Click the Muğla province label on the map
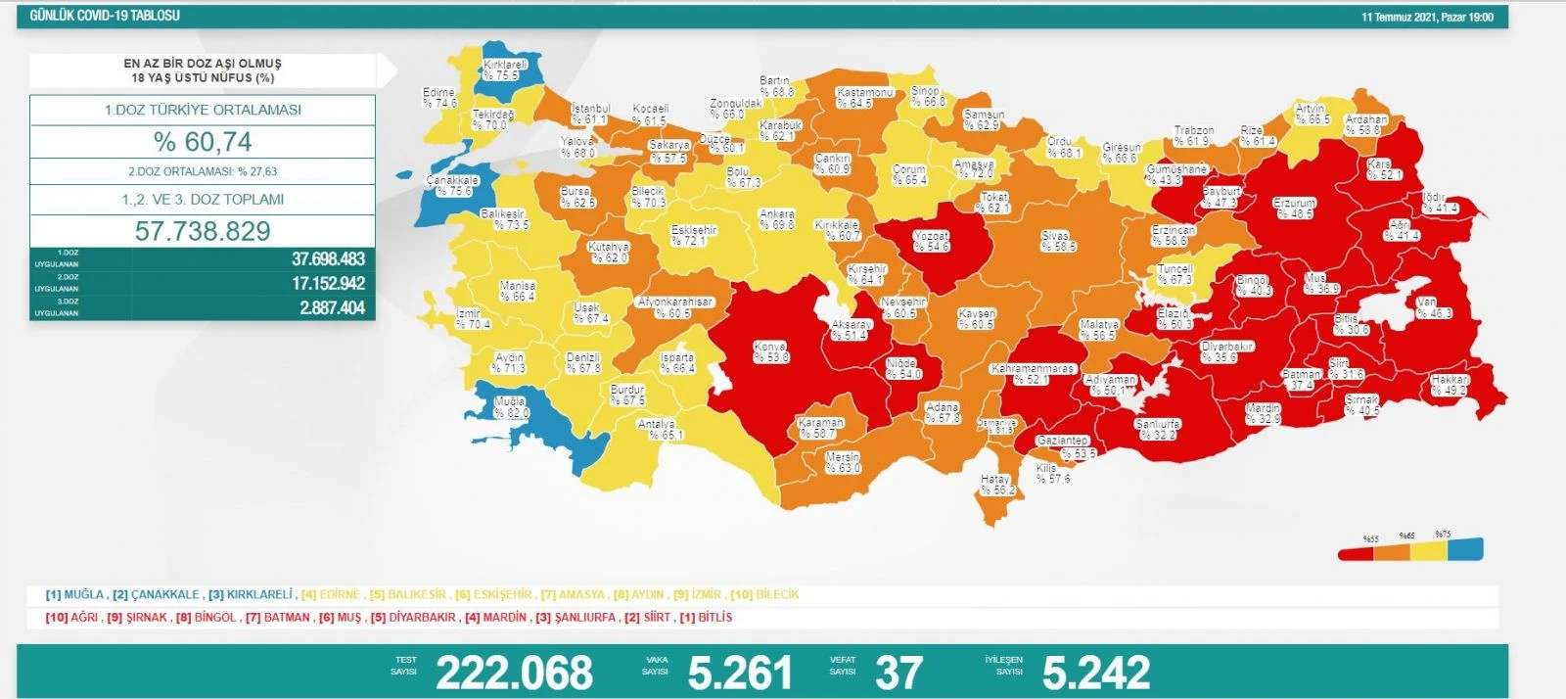[x=512, y=407]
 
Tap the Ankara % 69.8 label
[x=777, y=219]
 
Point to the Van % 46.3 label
[x=1434, y=308]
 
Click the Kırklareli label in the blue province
[x=504, y=70]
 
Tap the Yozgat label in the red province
[x=931, y=242]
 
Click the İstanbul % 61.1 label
[x=590, y=114]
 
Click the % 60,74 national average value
[x=203, y=142]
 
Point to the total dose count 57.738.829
[x=203, y=231]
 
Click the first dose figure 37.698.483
[x=328, y=259]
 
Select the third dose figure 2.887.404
[x=332, y=307]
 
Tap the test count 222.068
[x=514, y=673]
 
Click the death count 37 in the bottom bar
[x=898, y=673]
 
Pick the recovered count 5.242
[x=1096, y=673]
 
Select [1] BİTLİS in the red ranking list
[x=706, y=618]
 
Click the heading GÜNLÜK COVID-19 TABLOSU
[x=105, y=16]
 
